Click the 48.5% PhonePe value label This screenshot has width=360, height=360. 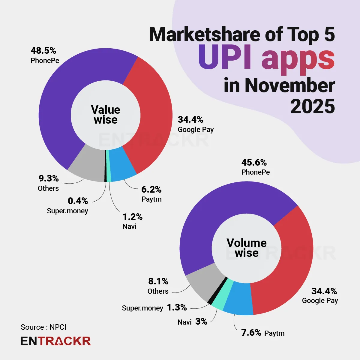click(x=43, y=51)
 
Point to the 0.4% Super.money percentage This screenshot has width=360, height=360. click(x=78, y=201)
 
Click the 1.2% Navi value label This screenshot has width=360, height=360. click(x=132, y=217)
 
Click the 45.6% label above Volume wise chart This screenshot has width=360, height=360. click(x=254, y=163)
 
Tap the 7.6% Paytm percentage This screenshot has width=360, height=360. click(x=251, y=333)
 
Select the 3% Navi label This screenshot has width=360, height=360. click(x=201, y=322)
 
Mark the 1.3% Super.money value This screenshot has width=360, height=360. click(x=177, y=307)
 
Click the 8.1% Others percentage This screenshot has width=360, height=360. click(x=158, y=281)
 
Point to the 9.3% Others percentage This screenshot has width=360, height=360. click(x=49, y=178)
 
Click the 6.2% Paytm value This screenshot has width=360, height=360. click(x=151, y=190)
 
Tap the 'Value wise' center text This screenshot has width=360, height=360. click(x=106, y=115)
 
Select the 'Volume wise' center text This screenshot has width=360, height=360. click(x=247, y=248)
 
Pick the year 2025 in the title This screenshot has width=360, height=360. click(x=312, y=106)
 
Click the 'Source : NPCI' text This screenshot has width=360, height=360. click(x=43, y=327)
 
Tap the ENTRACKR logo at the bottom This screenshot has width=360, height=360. click(x=55, y=341)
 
